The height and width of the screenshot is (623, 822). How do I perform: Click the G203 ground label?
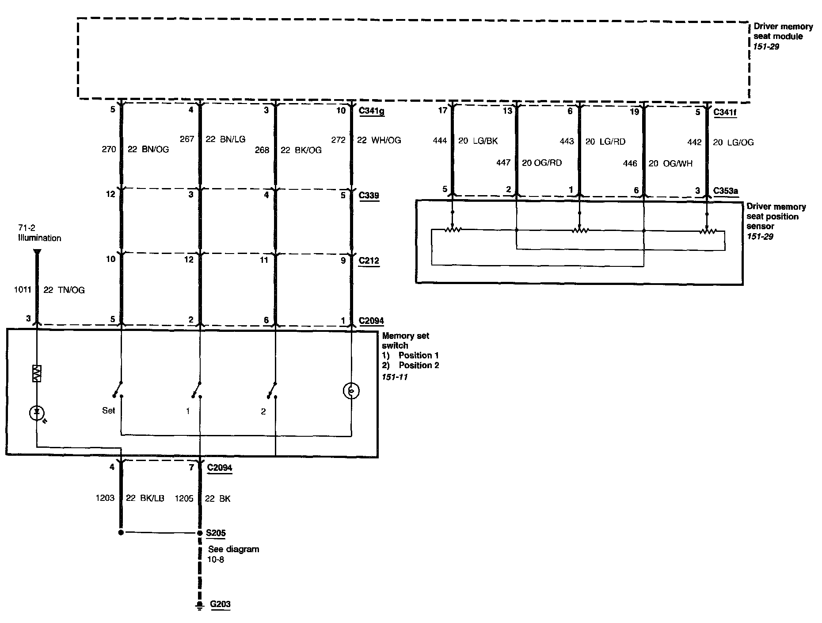pos(220,604)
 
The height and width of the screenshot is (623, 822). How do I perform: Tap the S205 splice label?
pos(216,533)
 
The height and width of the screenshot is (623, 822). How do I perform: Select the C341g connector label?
pos(371,111)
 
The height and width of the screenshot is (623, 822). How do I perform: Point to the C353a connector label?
pos(726,191)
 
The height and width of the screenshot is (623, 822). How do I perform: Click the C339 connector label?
pos(369,195)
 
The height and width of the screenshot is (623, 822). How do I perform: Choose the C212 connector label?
pos(369,260)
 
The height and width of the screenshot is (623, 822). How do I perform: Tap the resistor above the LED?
pos(37,373)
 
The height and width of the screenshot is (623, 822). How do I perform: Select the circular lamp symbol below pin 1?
pos(351,391)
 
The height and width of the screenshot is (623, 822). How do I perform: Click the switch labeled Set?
pos(118,389)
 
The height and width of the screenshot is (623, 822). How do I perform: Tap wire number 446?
pos(630,163)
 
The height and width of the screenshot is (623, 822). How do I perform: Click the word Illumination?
pos(40,238)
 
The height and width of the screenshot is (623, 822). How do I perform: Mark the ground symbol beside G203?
pos(200,605)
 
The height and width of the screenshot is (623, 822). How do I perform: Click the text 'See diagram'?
pos(234,549)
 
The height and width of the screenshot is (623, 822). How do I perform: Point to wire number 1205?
pos(184,498)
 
